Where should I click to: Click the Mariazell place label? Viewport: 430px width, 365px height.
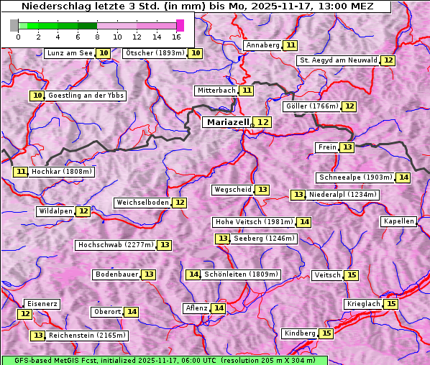227,122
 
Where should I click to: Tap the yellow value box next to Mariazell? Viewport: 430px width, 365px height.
264,123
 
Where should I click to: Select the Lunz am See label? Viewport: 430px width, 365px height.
70,53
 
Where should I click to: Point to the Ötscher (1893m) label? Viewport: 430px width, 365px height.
155,53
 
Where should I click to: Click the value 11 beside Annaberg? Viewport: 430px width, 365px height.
291,45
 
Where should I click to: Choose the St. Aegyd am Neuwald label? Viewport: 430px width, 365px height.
338,60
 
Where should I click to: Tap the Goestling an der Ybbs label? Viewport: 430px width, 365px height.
86,96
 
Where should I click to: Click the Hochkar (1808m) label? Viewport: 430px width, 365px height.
63,172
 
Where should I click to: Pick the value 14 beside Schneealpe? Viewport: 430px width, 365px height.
403,177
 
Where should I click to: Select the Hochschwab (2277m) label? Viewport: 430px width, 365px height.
115,245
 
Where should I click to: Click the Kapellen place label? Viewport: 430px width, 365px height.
398,221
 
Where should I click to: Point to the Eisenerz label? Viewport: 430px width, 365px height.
41,304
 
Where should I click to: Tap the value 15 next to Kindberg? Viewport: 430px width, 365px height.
326,333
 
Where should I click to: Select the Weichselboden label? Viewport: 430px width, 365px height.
142,203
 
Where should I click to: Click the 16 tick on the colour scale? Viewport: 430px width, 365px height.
176,37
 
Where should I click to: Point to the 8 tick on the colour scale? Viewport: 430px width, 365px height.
97,37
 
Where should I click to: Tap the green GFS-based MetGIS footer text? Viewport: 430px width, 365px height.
164,360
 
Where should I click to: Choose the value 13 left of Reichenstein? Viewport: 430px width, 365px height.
38,336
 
